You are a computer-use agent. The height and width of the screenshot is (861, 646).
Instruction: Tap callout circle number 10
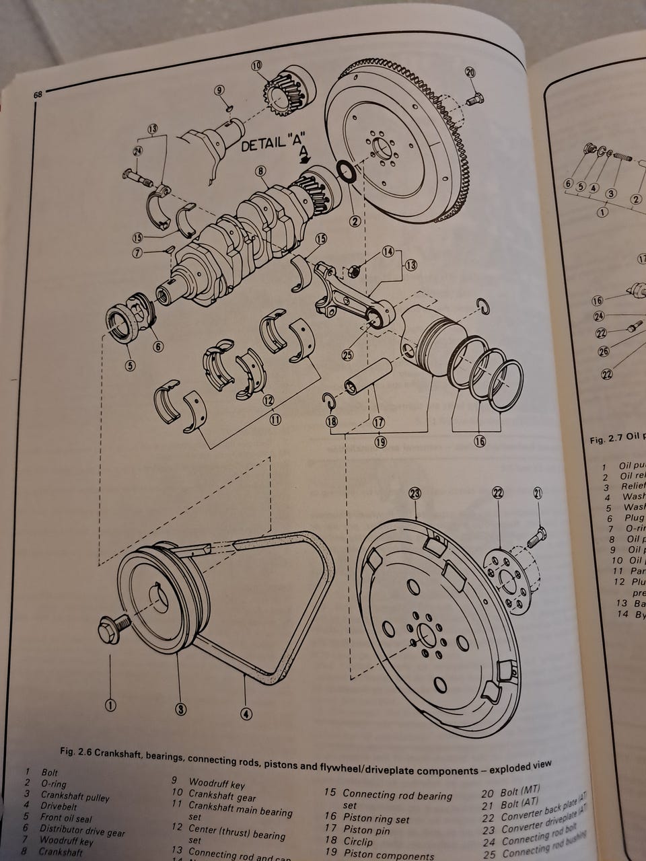point(256,66)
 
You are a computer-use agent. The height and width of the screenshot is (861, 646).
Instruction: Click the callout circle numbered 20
point(470,73)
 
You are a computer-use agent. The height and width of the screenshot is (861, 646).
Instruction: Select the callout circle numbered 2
point(355,221)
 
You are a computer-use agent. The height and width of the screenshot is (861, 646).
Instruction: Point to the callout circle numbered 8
point(261,172)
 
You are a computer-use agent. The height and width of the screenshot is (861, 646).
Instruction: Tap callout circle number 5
point(129,366)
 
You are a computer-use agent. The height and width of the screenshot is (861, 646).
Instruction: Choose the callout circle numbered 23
point(415,493)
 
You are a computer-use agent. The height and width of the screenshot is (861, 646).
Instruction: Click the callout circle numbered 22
point(498,493)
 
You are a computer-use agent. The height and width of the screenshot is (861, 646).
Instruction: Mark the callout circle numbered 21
point(537,494)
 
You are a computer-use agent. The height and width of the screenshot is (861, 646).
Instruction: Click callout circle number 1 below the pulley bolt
point(110,705)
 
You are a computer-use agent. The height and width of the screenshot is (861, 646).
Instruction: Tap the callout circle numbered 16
point(479,441)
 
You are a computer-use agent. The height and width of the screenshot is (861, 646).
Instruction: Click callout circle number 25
point(347,354)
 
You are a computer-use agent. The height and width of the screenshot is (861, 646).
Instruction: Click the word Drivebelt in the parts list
point(59,806)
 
